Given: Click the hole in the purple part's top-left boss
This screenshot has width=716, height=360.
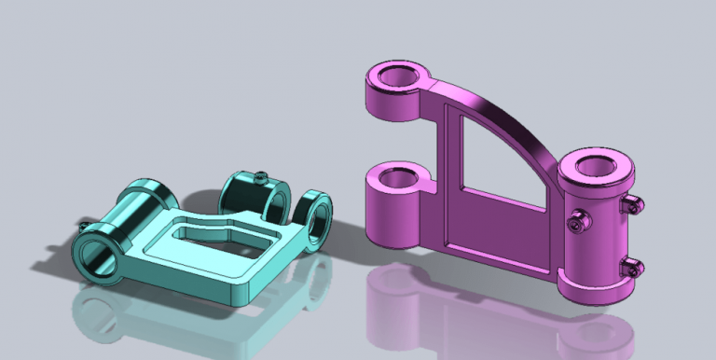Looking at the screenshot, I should (x=398, y=78).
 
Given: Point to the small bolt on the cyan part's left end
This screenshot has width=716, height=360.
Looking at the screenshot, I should (x=87, y=228).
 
